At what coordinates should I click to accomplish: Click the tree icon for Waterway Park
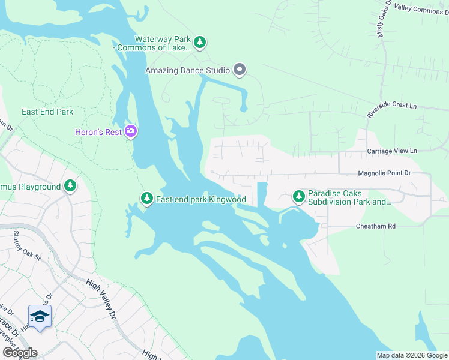[x=200, y=43]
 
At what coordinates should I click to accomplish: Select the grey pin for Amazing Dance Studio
[x=240, y=70]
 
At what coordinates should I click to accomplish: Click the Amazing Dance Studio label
[x=188, y=71]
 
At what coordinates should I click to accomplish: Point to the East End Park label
[x=47, y=112]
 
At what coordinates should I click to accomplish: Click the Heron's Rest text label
[x=98, y=132]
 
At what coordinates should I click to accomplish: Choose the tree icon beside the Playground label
[x=70, y=187]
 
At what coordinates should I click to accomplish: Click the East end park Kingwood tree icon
[x=146, y=199]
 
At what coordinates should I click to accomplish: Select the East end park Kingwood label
[x=201, y=199]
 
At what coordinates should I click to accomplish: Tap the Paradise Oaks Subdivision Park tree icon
[x=298, y=196]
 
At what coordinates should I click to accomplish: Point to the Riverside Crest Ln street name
[x=391, y=110]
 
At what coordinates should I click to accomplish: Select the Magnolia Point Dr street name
[x=384, y=173]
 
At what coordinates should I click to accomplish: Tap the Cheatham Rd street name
[x=376, y=226]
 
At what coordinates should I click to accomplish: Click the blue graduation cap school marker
[x=40, y=317]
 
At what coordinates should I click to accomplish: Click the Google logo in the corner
[x=19, y=352]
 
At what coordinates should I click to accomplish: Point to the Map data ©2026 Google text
[x=412, y=355]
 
